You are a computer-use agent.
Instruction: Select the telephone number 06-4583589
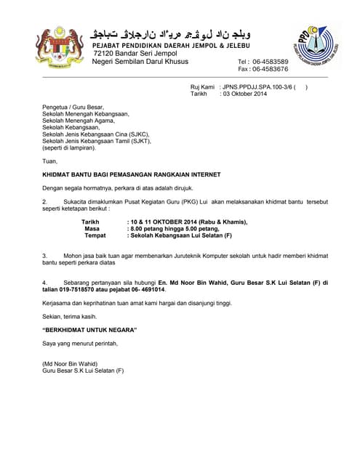click(270, 62)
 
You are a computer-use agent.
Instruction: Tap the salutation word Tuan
click(50, 161)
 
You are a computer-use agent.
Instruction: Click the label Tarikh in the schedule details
click(90, 222)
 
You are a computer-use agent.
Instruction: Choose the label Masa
click(92, 228)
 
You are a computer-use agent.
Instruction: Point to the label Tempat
click(95, 235)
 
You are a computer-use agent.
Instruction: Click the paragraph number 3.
click(45, 256)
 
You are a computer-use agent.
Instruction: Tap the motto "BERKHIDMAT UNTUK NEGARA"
click(90, 331)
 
